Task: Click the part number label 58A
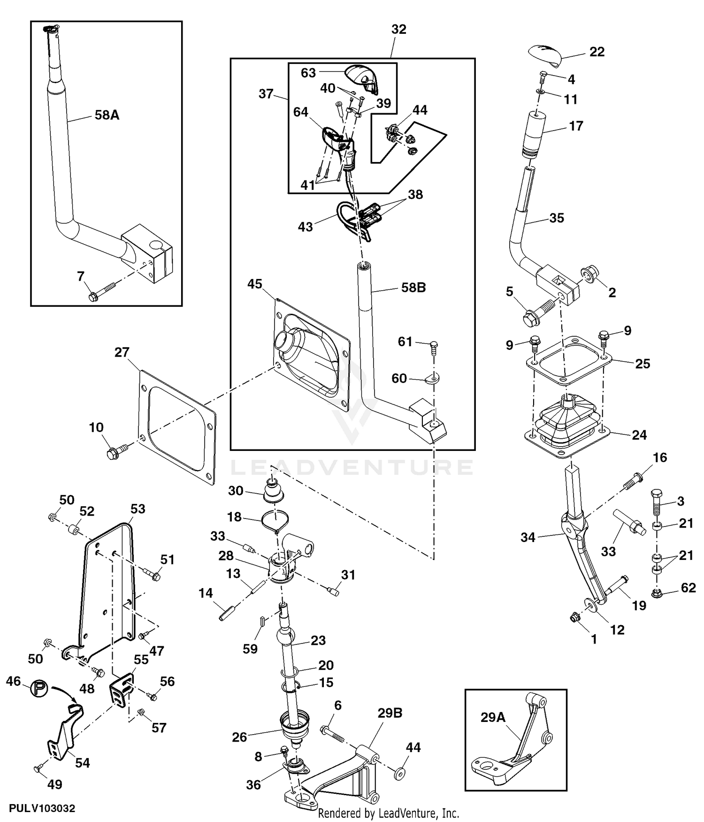point(107,115)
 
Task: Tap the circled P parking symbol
point(39,689)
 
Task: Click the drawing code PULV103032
point(41,809)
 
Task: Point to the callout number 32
point(398,29)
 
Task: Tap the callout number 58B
point(413,287)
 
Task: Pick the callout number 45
point(255,284)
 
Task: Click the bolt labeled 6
point(332,734)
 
